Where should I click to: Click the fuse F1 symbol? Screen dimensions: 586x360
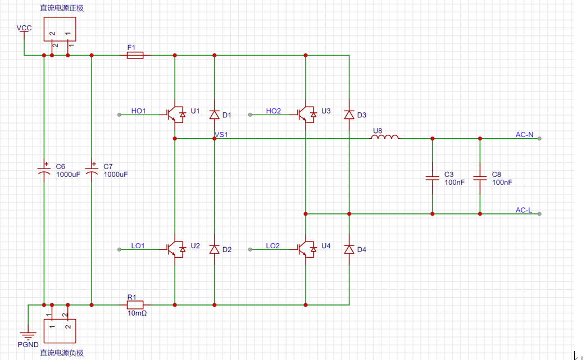coord(135,55)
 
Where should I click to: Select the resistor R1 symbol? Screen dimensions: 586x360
coord(135,305)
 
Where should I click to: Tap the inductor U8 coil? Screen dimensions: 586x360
coord(384,136)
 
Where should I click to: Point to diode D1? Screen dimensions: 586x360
coord(214,115)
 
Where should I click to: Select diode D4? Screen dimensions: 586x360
coord(349,249)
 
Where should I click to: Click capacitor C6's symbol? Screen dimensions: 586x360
coord(44,170)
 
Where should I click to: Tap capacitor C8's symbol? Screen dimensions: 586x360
coord(480,178)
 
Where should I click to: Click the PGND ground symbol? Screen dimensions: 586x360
coord(28,335)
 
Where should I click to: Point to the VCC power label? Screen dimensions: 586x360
coord(24,28)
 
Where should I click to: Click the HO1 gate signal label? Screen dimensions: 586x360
coord(138,111)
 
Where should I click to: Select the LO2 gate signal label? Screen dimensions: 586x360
coord(273,246)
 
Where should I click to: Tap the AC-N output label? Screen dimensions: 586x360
coord(524,134)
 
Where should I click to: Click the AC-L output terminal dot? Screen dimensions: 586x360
coord(539,214)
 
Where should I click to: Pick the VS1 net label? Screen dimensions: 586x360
coord(221,134)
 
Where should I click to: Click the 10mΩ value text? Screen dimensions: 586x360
coord(137,313)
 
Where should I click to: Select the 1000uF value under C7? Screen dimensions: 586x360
coord(116,175)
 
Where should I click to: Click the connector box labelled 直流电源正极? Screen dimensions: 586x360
coord(60,29)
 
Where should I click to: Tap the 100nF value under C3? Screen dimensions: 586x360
coord(455,182)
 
